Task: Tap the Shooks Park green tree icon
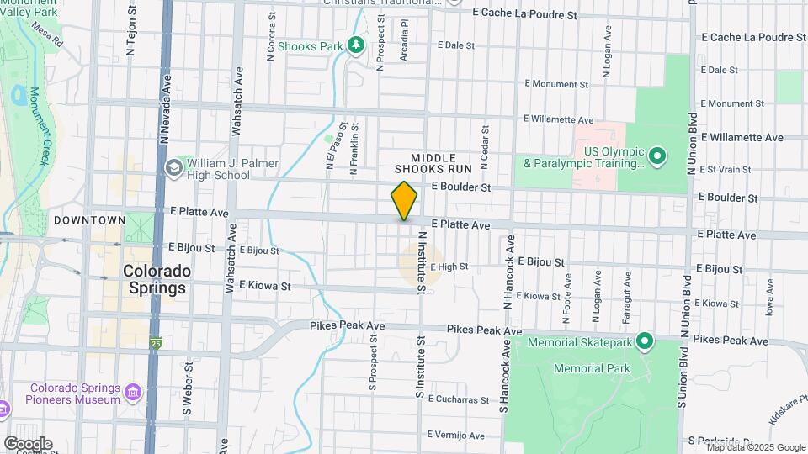click(x=357, y=45)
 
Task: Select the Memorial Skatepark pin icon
click(x=645, y=340)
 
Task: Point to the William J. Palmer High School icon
click(x=174, y=167)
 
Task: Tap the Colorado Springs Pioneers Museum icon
click(x=133, y=393)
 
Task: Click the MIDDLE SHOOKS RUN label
click(x=433, y=163)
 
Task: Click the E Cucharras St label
click(x=457, y=399)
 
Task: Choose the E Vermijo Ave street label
click(x=455, y=436)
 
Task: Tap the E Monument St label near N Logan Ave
click(x=555, y=84)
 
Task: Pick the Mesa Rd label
click(x=48, y=35)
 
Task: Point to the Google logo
click(x=28, y=443)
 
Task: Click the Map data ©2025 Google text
click(x=755, y=447)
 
